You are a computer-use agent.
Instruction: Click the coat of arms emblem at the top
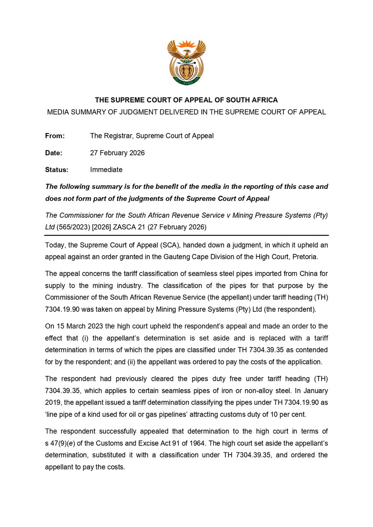186,62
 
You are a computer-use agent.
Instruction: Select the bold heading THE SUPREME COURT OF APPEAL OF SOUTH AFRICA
186,101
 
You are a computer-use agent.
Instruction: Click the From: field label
54,136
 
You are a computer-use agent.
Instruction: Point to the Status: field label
57,170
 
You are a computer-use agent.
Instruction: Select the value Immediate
106,170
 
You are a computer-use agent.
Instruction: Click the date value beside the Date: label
117,153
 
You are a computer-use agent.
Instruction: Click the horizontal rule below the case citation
186,235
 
